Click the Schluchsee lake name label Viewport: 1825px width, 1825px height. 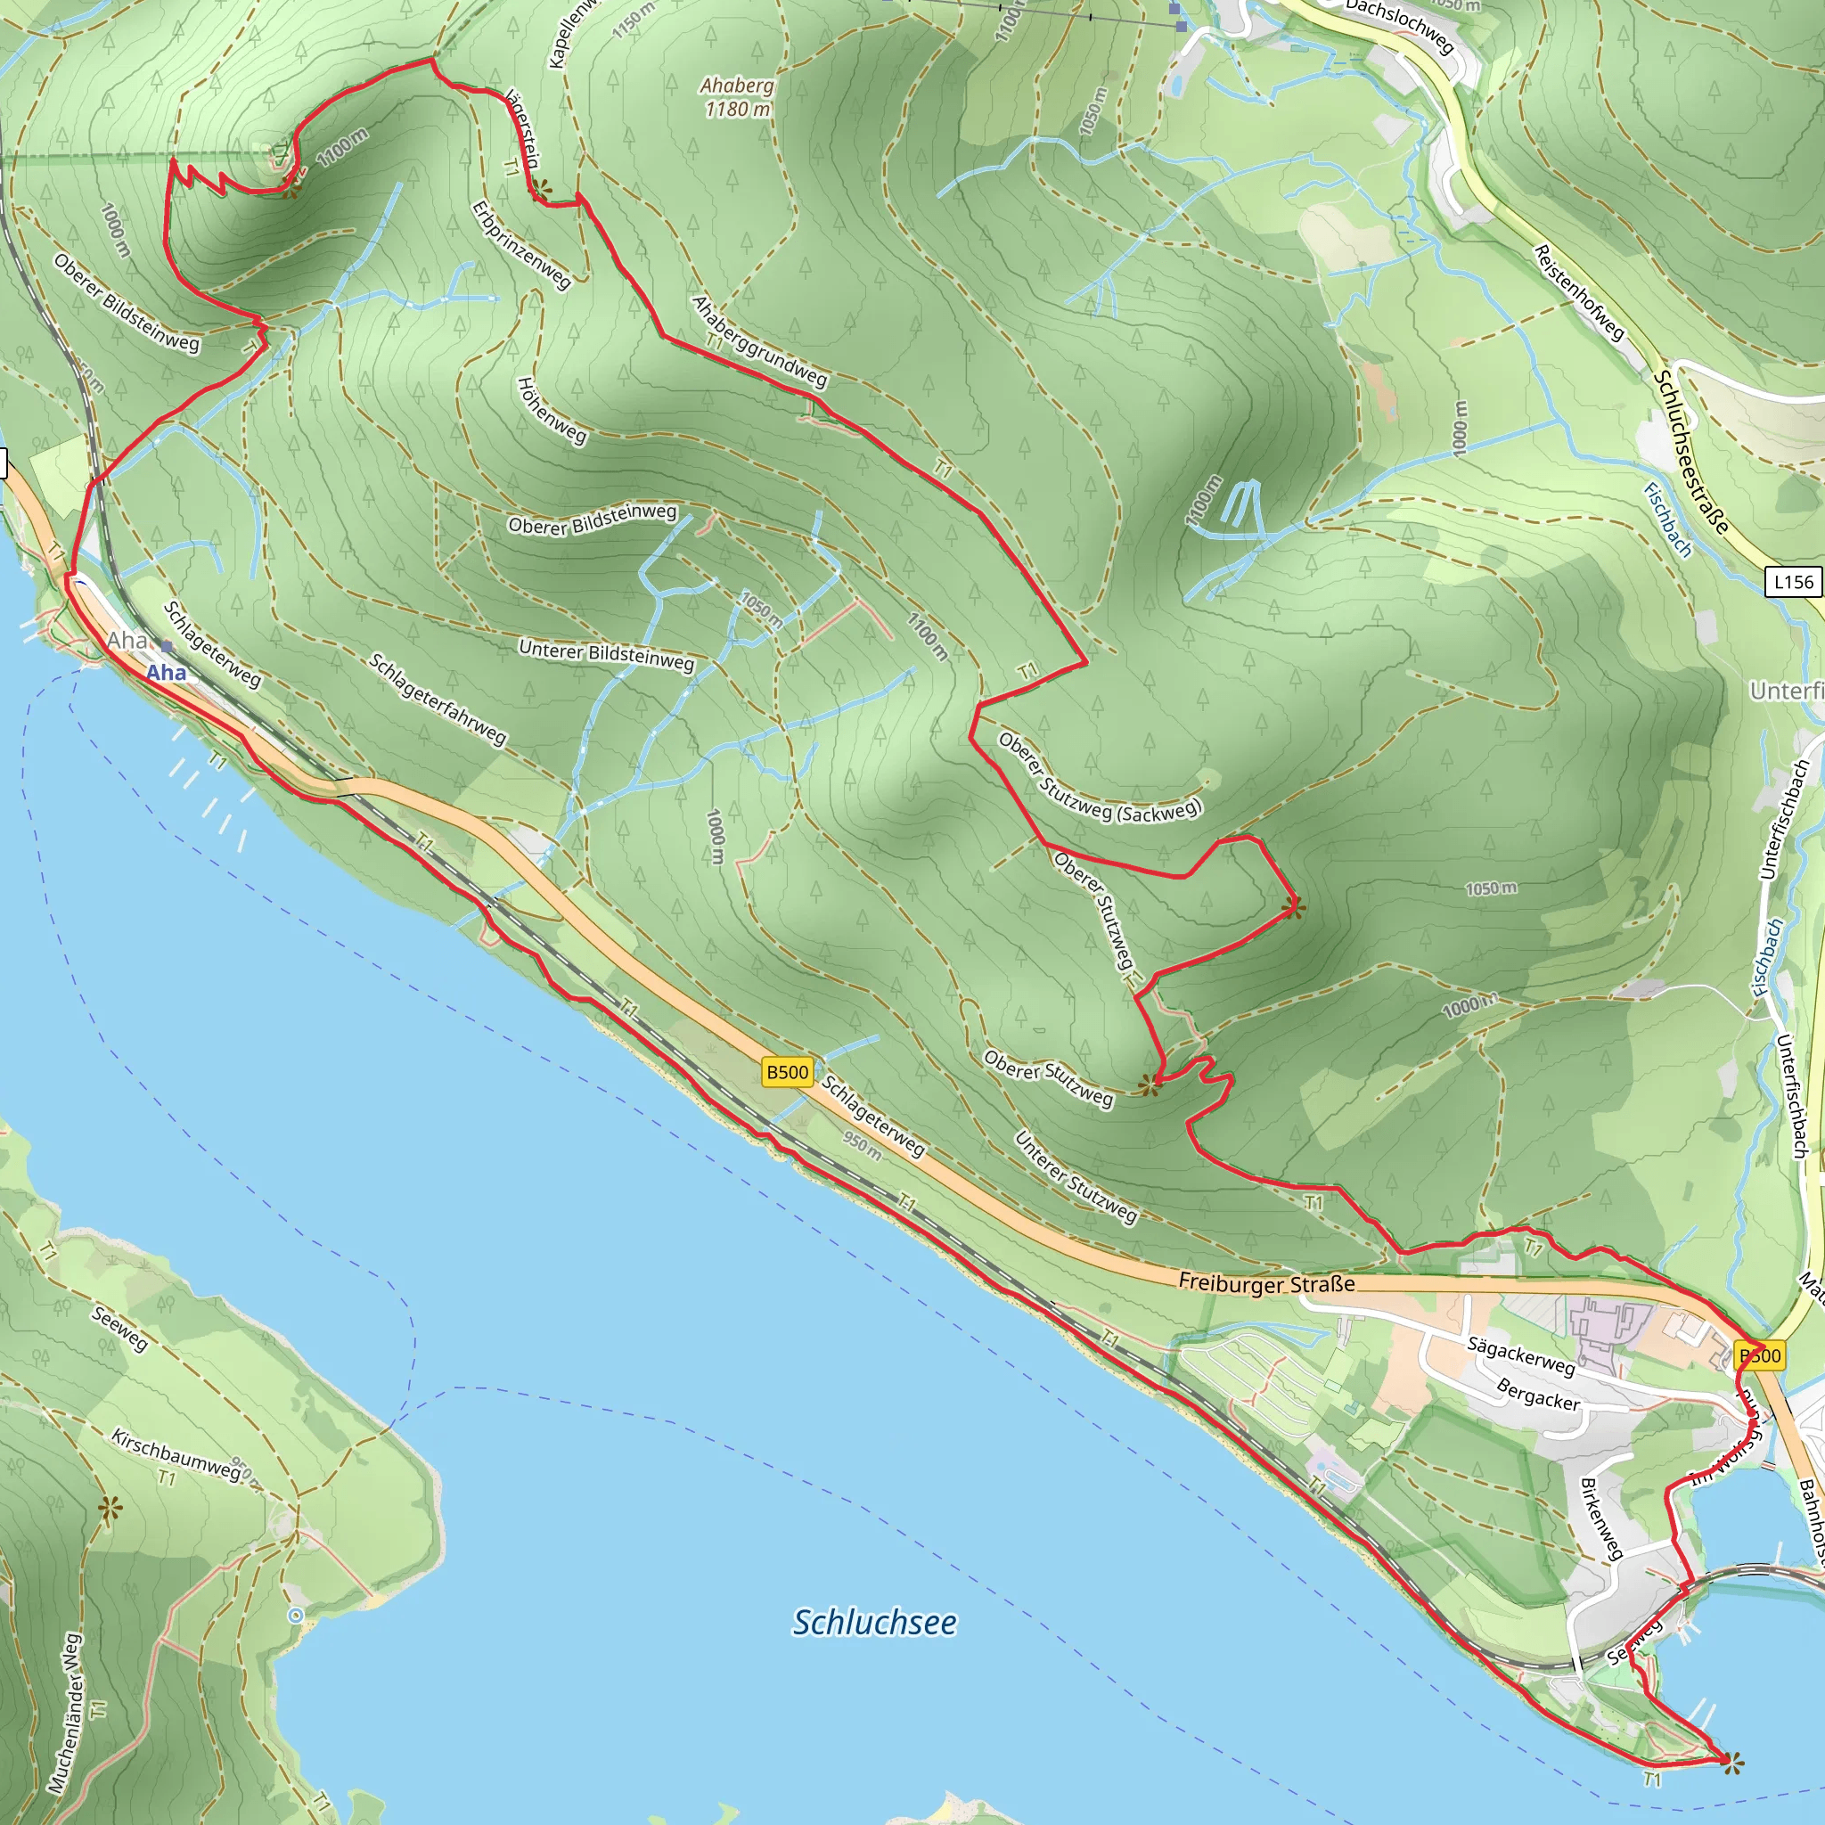(x=874, y=1622)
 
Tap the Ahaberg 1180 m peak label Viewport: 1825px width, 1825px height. (x=737, y=97)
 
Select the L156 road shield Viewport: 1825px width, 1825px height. (x=1793, y=582)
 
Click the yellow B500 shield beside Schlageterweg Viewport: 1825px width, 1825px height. (x=787, y=1072)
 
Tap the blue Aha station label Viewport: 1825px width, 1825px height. (x=166, y=673)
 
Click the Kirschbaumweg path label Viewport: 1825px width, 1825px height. (x=176, y=1454)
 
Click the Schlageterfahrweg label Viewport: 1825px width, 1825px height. (x=438, y=699)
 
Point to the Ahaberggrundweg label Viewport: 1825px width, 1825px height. (x=759, y=342)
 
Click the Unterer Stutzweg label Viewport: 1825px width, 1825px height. (x=1076, y=1177)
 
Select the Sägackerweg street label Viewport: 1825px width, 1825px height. (x=1521, y=1355)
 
